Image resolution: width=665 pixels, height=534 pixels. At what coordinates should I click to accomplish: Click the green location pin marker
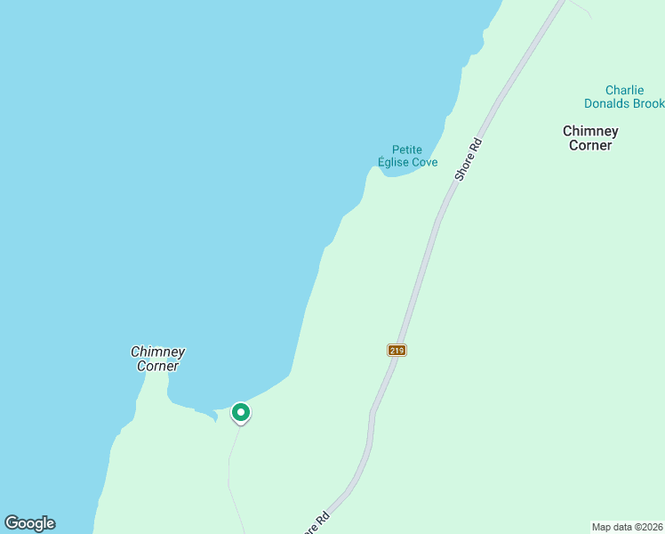pyautogui.click(x=240, y=413)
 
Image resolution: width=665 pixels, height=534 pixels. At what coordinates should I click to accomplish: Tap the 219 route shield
pyautogui.click(x=397, y=350)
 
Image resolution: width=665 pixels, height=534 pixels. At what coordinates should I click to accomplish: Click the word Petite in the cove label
pyautogui.click(x=407, y=150)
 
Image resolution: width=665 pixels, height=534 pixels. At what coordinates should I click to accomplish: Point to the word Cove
pyautogui.click(x=424, y=162)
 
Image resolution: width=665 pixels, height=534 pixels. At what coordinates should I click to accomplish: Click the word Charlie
pyautogui.click(x=624, y=90)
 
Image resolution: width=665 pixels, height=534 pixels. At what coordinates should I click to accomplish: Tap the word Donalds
pyautogui.click(x=607, y=103)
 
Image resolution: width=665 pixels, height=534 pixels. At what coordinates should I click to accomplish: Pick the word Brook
pyautogui.click(x=648, y=103)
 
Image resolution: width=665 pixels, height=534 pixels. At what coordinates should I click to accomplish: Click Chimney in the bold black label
pyautogui.click(x=590, y=131)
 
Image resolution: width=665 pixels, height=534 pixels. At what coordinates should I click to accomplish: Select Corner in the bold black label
pyautogui.click(x=590, y=145)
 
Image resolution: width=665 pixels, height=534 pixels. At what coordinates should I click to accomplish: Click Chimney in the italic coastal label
pyautogui.click(x=157, y=352)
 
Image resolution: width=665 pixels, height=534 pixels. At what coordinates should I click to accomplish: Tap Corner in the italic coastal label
pyautogui.click(x=157, y=366)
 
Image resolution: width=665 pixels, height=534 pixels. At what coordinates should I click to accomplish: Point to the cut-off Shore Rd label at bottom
pyautogui.click(x=316, y=523)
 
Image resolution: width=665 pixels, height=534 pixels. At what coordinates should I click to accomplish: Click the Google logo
pyautogui.click(x=29, y=523)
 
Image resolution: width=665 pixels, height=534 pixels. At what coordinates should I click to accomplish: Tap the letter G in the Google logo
pyautogui.click(x=12, y=522)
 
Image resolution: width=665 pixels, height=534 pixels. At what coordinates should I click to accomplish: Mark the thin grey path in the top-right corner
pyautogui.click(x=579, y=8)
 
